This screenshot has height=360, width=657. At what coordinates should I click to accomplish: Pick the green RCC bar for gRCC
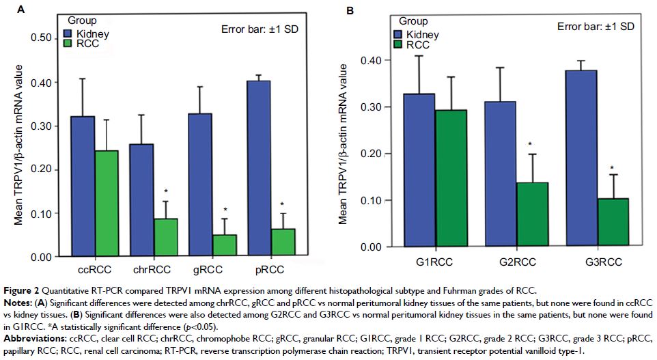coord(225,245)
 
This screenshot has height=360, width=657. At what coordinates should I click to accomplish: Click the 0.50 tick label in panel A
coord(46,38)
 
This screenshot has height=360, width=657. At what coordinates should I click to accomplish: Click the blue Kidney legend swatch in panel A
coord(68,33)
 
